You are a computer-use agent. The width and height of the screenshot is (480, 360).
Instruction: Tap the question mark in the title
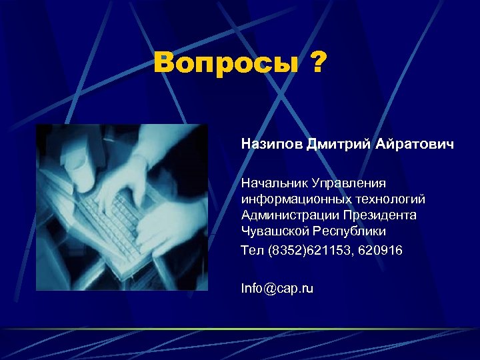click(317, 64)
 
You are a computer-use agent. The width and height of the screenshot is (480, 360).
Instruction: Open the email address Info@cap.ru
click(277, 288)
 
